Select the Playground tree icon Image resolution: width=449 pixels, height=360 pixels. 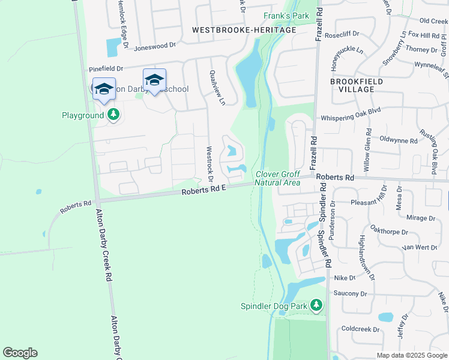[113, 115]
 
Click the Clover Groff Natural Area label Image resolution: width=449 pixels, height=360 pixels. [277, 178]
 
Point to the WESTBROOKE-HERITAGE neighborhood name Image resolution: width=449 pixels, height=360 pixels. [244, 30]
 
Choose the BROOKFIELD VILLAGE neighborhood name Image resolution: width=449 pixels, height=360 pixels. [352, 85]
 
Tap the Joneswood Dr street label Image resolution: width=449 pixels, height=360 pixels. [155, 45]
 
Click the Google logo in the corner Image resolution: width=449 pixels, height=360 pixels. [20, 353]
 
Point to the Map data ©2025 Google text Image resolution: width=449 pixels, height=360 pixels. [412, 355]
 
